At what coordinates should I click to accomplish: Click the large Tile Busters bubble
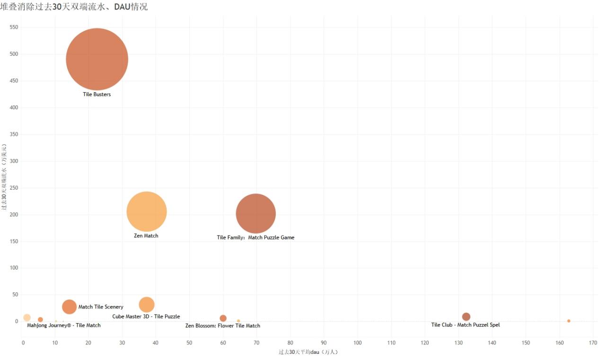[97, 59]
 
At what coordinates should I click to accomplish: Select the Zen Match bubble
[147, 211]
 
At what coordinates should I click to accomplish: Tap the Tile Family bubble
[256, 214]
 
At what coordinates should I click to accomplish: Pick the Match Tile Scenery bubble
[69, 307]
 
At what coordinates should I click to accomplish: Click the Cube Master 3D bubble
[147, 305]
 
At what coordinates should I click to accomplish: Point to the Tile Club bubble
[466, 316]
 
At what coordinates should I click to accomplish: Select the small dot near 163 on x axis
[569, 321]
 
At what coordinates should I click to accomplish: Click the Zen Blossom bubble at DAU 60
[223, 318]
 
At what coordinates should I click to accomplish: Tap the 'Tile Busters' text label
[97, 95]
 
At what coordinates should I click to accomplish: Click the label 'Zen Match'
[146, 236]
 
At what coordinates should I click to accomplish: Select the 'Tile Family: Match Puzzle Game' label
[256, 237]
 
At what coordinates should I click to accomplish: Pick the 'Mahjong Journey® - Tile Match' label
[64, 325]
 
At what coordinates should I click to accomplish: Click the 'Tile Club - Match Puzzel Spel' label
[466, 325]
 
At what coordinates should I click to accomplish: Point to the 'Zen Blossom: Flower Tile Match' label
[223, 326]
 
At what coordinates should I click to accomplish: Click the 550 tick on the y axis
[13, 27]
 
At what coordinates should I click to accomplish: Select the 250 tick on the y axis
[13, 188]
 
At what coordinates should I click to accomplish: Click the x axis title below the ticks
[308, 352]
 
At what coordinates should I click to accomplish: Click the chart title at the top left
[74, 7]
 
